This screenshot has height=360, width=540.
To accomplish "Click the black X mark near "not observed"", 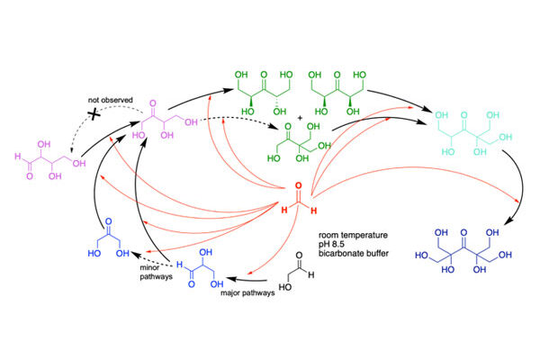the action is (94, 114).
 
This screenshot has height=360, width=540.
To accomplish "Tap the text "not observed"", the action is (110, 100).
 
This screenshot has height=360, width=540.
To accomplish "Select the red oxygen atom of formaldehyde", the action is (299, 185).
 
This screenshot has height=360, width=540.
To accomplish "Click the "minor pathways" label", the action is (156, 272).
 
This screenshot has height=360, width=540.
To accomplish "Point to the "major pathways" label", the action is (247, 292).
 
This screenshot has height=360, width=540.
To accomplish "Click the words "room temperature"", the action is (353, 235).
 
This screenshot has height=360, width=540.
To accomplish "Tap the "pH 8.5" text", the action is (331, 244).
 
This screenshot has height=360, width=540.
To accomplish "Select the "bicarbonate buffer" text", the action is (354, 254).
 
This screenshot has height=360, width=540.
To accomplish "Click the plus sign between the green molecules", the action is (300, 118).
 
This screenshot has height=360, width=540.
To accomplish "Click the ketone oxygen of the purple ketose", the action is (153, 103).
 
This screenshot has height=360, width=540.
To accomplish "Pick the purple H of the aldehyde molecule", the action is (18, 157).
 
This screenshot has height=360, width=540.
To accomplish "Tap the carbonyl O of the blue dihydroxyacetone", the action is (109, 221).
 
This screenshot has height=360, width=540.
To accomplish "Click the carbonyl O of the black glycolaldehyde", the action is (299, 256).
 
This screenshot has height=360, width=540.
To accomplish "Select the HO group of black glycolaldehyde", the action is (284, 287).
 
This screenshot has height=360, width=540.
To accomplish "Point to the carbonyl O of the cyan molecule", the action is (463, 115).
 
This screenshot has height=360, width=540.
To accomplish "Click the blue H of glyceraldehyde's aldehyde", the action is (179, 265).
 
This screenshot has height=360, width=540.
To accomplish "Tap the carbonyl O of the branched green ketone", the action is (288, 126).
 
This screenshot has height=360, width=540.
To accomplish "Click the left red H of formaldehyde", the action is (284, 210).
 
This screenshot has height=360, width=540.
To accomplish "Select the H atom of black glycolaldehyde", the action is (311, 274).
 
